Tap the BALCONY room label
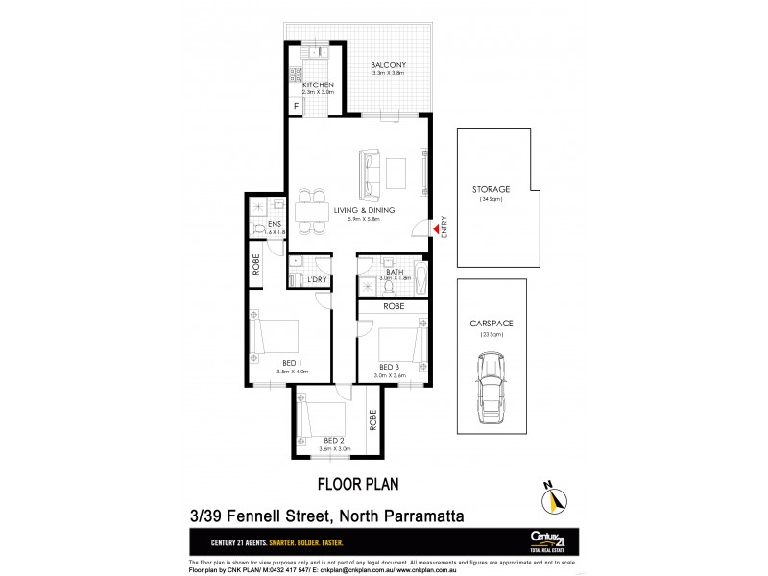point(390,66)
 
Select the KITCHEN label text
point(318,86)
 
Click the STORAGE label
point(491,189)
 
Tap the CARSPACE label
point(491,324)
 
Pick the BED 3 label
point(388,367)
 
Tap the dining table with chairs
point(309,210)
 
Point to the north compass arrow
point(553,497)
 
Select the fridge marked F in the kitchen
point(297,104)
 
